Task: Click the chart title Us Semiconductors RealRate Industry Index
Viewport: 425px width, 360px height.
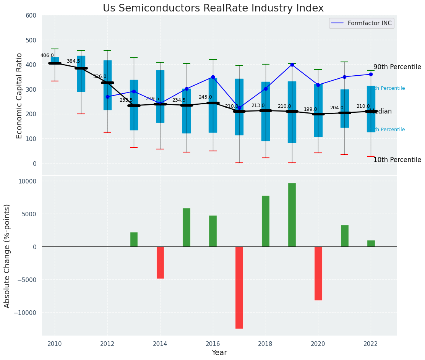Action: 213,8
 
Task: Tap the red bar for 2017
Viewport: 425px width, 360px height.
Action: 239,287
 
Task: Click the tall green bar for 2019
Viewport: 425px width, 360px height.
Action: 292,215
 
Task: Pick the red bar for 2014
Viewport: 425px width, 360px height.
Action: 160,262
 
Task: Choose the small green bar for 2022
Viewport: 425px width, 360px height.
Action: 371,243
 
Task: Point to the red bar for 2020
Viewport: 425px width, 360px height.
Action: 318,273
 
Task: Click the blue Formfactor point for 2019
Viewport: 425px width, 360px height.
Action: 292,65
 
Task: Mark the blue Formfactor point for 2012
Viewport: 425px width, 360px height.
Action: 107,97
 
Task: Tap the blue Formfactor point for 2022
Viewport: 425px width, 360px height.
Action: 371,74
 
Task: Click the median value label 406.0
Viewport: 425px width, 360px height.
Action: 47,55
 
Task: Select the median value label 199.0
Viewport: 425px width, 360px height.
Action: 310,109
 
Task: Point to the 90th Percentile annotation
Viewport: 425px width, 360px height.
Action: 397,67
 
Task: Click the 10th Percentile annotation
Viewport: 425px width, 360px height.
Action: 397,160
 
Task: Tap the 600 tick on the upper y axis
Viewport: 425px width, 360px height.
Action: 31,16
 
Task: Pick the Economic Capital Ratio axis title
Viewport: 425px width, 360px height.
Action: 19,96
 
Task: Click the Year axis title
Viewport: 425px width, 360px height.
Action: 219,353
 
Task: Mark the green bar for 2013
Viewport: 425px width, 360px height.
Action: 134,240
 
